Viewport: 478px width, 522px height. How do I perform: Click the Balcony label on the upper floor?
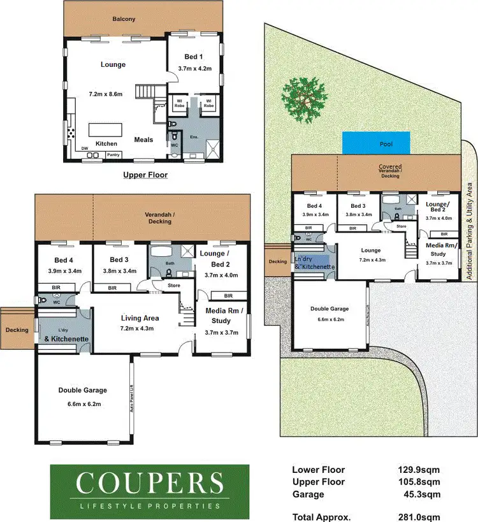pos(124,19)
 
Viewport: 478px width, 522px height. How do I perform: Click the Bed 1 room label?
pos(194,57)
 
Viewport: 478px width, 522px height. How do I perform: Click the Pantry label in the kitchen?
pos(113,155)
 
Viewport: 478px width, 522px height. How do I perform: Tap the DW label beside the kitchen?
pos(84,149)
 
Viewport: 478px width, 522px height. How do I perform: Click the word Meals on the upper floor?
pos(143,140)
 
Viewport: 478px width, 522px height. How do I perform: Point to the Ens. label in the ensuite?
pos(194,137)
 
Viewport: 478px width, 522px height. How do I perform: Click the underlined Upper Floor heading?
pos(146,174)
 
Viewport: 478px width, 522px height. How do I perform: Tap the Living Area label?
pos(140,318)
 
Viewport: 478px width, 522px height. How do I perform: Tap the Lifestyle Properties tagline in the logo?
pos(149,506)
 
